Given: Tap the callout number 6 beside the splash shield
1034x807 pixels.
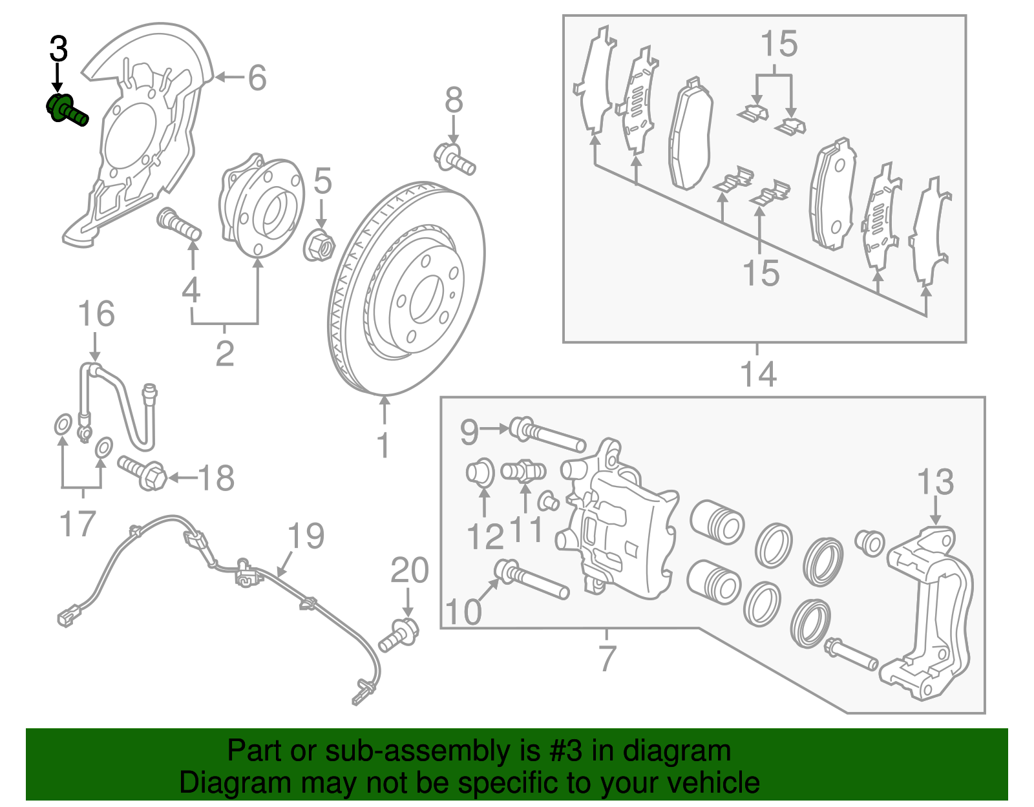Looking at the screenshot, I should [257, 78].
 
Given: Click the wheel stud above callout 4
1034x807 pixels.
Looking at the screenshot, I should [179, 224].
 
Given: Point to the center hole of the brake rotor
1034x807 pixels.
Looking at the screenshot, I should [425, 299].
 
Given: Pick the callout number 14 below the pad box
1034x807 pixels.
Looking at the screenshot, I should [757, 374].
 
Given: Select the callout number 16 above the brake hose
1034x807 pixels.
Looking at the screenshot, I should [96, 315].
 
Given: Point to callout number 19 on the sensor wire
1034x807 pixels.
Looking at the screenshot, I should [306, 536].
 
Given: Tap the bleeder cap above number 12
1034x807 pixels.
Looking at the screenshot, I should [480, 472].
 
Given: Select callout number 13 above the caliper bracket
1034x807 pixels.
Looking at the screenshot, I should [936, 483].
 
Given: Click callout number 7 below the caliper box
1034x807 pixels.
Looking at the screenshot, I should [607, 658].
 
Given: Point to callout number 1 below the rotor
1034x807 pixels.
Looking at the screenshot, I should [384, 445].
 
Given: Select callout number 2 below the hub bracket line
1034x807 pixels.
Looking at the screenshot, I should [224, 353].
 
